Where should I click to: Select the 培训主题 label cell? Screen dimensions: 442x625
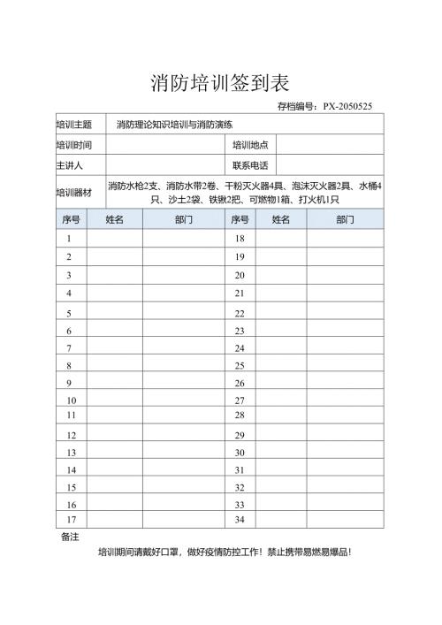point(74,125)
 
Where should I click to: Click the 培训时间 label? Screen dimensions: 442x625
point(74,145)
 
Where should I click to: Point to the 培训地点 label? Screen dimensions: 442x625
point(250,145)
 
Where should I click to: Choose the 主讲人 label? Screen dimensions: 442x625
point(69,165)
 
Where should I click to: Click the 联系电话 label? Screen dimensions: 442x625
point(250,165)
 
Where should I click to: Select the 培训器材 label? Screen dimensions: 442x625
point(74,192)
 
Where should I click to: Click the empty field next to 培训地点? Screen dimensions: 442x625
point(330,145)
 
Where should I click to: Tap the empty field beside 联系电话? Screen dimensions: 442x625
point(330,165)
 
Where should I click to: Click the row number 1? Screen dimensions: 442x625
point(70,239)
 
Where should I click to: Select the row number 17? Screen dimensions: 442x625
point(70,519)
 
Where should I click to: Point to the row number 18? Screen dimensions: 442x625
point(239,239)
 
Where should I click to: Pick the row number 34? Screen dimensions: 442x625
point(239,519)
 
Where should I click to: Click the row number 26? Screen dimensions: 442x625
point(239,384)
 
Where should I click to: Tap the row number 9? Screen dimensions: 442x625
point(70,384)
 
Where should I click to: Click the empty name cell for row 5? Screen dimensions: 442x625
point(114,313)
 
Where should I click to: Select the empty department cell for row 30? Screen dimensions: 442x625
point(345,453)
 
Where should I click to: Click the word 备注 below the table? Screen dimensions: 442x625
point(70,537)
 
